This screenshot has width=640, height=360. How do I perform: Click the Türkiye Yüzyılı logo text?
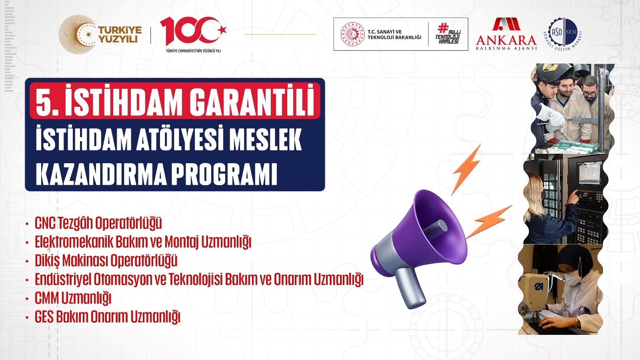point(120,34)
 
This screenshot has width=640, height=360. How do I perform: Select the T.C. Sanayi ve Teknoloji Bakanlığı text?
point(394,34)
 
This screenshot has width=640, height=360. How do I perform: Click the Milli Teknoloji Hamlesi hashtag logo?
point(448,34)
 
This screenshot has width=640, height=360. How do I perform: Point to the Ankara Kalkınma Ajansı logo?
point(506,34)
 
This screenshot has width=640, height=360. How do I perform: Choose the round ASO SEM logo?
point(562,34)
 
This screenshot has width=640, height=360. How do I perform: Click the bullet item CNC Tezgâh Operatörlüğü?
point(98,223)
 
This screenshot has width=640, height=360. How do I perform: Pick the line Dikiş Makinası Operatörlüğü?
point(106,260)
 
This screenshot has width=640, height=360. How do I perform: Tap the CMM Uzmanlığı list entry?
point(73,298)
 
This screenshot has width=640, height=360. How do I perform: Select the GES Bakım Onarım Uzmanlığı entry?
point(108,317)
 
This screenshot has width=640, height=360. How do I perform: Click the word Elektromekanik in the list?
point(73,242)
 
